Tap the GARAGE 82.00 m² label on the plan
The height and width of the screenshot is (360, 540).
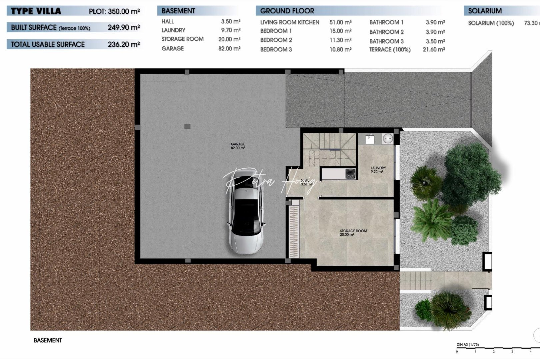click(238, 146)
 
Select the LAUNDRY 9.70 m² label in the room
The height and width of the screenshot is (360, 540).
click(378, 170)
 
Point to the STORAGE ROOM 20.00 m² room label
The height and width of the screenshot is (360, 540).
click(353, 233)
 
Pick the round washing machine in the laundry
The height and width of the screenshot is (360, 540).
click(388, 138)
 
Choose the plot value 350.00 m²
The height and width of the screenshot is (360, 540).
click(123, 11)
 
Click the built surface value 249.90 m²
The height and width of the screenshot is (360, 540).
click(123, 27)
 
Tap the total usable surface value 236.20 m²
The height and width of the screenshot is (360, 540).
click(123, 44)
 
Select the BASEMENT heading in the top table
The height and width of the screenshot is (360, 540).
click(178, 11)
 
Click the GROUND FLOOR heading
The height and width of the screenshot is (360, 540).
click(287, 11)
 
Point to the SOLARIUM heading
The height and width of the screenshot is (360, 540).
click(484, 11)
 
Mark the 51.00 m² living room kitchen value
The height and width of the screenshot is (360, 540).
click(340, 22)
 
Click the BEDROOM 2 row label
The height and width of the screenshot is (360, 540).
click(276, 40)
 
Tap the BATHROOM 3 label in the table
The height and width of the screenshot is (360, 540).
click(386, 41)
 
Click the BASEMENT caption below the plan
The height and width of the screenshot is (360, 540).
click(48, 340)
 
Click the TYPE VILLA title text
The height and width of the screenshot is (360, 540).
click(36, 11)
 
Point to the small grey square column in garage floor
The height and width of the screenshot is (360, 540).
click(187, 126)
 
